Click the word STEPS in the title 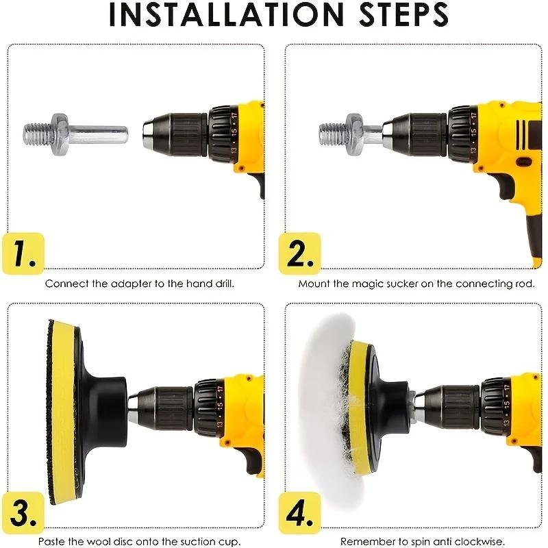403,14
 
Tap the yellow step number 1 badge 23,253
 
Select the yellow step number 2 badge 299,253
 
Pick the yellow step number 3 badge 23,512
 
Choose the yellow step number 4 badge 299,512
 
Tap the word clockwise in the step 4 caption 479,541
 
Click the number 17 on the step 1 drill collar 234,116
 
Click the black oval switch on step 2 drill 523,162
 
